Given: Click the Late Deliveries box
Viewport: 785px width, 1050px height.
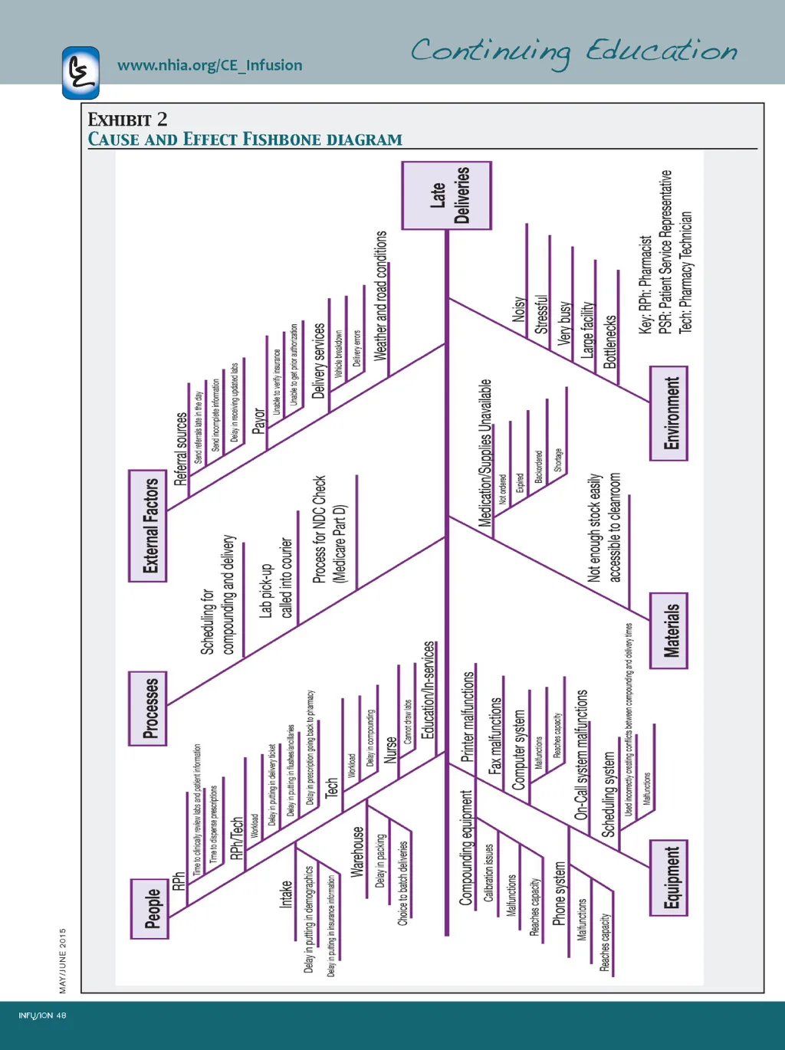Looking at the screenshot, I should (447, 195).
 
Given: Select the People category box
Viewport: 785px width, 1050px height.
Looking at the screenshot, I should (149, 909).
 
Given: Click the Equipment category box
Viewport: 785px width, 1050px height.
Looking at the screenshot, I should (668, 878).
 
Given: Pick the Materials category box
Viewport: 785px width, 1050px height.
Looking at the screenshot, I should (668, 631).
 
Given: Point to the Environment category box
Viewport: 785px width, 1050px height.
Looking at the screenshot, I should (668, 413).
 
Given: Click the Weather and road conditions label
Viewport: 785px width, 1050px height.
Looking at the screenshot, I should (381, 296).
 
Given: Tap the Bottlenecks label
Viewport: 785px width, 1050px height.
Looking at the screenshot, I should (610, 342).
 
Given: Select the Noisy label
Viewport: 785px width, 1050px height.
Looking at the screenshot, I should (519, 309).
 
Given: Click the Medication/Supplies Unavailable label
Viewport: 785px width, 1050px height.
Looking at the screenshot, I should (485, 453).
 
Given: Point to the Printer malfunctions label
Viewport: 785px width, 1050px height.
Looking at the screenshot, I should (468, 717).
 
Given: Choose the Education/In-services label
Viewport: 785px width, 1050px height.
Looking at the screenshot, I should (429, 690).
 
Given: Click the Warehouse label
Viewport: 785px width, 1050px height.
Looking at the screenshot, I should (357, 851).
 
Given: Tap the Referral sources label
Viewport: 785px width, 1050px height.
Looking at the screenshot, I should (181, 449).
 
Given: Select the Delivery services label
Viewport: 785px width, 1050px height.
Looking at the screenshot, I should (319, 360).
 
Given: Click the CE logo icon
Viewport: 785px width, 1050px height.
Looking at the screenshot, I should (80, 73).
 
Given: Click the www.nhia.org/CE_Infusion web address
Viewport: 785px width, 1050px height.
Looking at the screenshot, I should (209, 65).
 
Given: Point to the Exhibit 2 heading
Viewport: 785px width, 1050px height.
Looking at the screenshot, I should (127, 120).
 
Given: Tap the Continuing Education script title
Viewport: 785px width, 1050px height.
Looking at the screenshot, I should (573, 52).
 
